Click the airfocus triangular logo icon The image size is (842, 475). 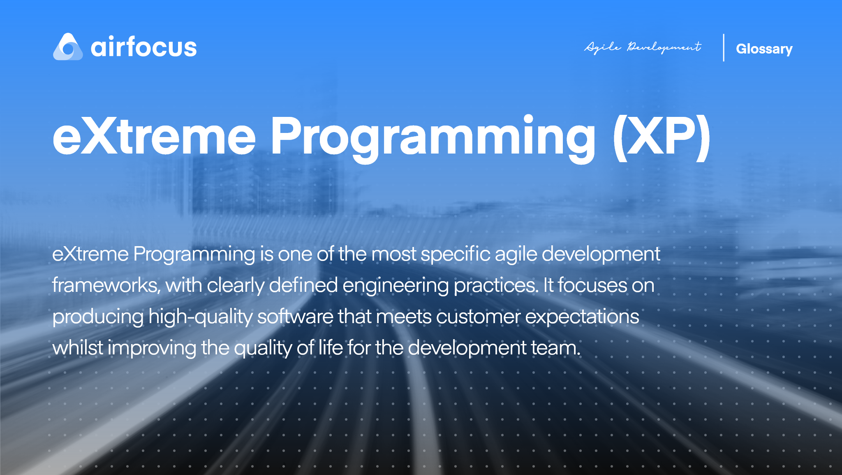pos(68,47)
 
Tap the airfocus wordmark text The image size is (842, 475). pos(143,47)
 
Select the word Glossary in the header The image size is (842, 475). pos(764,49)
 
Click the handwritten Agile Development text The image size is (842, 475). pos(643,47)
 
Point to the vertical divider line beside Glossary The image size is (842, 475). pos(724,48)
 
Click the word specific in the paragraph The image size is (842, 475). pos(455,254)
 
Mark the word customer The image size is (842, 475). pos(478,317)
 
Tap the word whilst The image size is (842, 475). pos(78,348)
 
